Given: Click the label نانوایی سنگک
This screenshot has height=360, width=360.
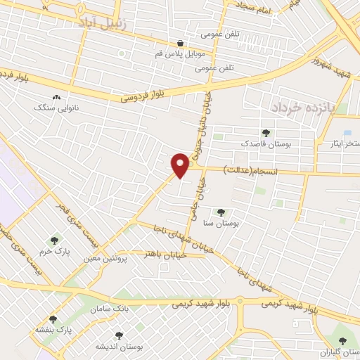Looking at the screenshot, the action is click(x=56, y=108).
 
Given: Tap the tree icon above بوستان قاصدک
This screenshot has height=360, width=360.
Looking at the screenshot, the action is click(x=266, y=132).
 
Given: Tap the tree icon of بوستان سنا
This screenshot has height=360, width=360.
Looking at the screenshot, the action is click(x=221, y=212).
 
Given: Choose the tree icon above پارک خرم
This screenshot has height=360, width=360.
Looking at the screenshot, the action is click(x=53, y=241).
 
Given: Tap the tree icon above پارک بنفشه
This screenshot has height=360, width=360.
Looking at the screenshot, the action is click(x=53, y=320).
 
